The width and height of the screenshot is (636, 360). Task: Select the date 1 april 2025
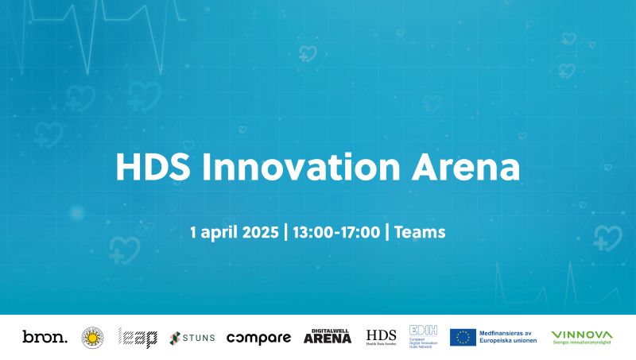pos(235,233)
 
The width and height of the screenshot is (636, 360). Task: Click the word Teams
pos(420,233)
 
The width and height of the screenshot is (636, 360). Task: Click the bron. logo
pos(45,338)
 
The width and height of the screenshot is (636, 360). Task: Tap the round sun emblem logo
pos(93,338)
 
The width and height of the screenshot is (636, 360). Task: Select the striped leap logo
pos(138,338)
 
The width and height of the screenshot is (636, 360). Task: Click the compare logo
pos(258,338)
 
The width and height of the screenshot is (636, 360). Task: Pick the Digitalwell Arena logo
pos(328,337)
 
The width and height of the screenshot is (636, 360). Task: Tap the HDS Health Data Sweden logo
pos(381,337)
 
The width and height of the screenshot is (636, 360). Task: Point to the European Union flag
pos(463,337)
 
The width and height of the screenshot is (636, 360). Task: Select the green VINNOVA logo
pos(582,334)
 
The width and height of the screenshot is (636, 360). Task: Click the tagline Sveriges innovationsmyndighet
pos(582,343)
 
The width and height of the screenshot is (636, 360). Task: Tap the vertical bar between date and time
pos(286,233)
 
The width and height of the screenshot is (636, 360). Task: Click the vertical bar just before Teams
pos(387,233)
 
